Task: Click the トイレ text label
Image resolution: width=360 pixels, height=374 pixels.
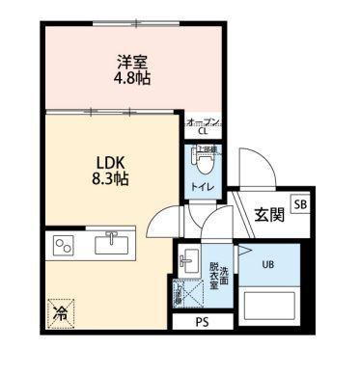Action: click(203, 186)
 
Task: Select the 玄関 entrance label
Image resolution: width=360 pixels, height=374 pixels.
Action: click(268, 215)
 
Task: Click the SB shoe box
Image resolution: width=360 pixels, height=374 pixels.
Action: click(299, 204)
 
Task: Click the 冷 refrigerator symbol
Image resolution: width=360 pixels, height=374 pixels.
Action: click(59, 311)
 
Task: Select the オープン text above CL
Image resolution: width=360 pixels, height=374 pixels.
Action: click(203, 121)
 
